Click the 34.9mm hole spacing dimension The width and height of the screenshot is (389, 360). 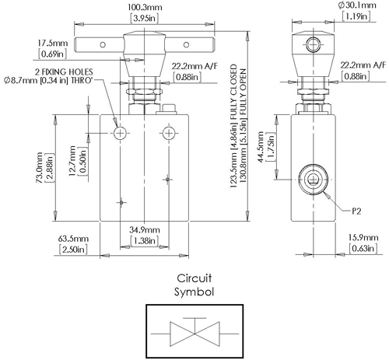tap(145, 231)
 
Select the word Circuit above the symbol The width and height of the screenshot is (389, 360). tap(194, 278)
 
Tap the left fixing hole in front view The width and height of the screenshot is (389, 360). tap(121, 134)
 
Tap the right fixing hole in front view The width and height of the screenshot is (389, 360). tap(166, 134)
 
